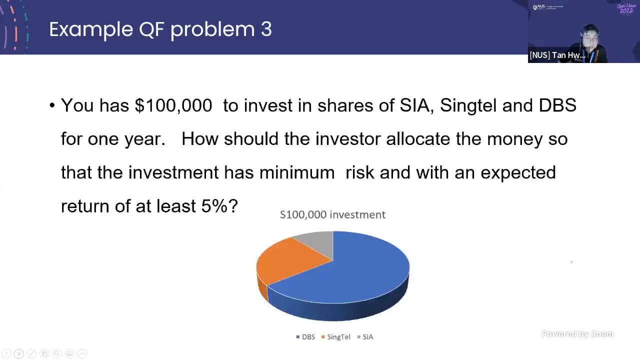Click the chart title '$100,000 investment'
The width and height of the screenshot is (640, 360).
click(332, 214)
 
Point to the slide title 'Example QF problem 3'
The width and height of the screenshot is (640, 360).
click(160, 29)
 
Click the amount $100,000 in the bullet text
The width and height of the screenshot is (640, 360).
click(173, 105)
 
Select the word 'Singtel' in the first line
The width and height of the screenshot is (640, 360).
click(468, 105)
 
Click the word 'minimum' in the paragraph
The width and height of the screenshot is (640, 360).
click(296, 172)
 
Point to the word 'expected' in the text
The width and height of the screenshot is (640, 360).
click(518, 173)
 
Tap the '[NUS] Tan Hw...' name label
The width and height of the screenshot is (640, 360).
click(557, 55)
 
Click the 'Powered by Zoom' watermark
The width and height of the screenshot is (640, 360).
click(577, 334)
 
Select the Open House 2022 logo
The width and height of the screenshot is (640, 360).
click(626, 8)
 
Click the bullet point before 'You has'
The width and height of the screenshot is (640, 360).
click(52, 105)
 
